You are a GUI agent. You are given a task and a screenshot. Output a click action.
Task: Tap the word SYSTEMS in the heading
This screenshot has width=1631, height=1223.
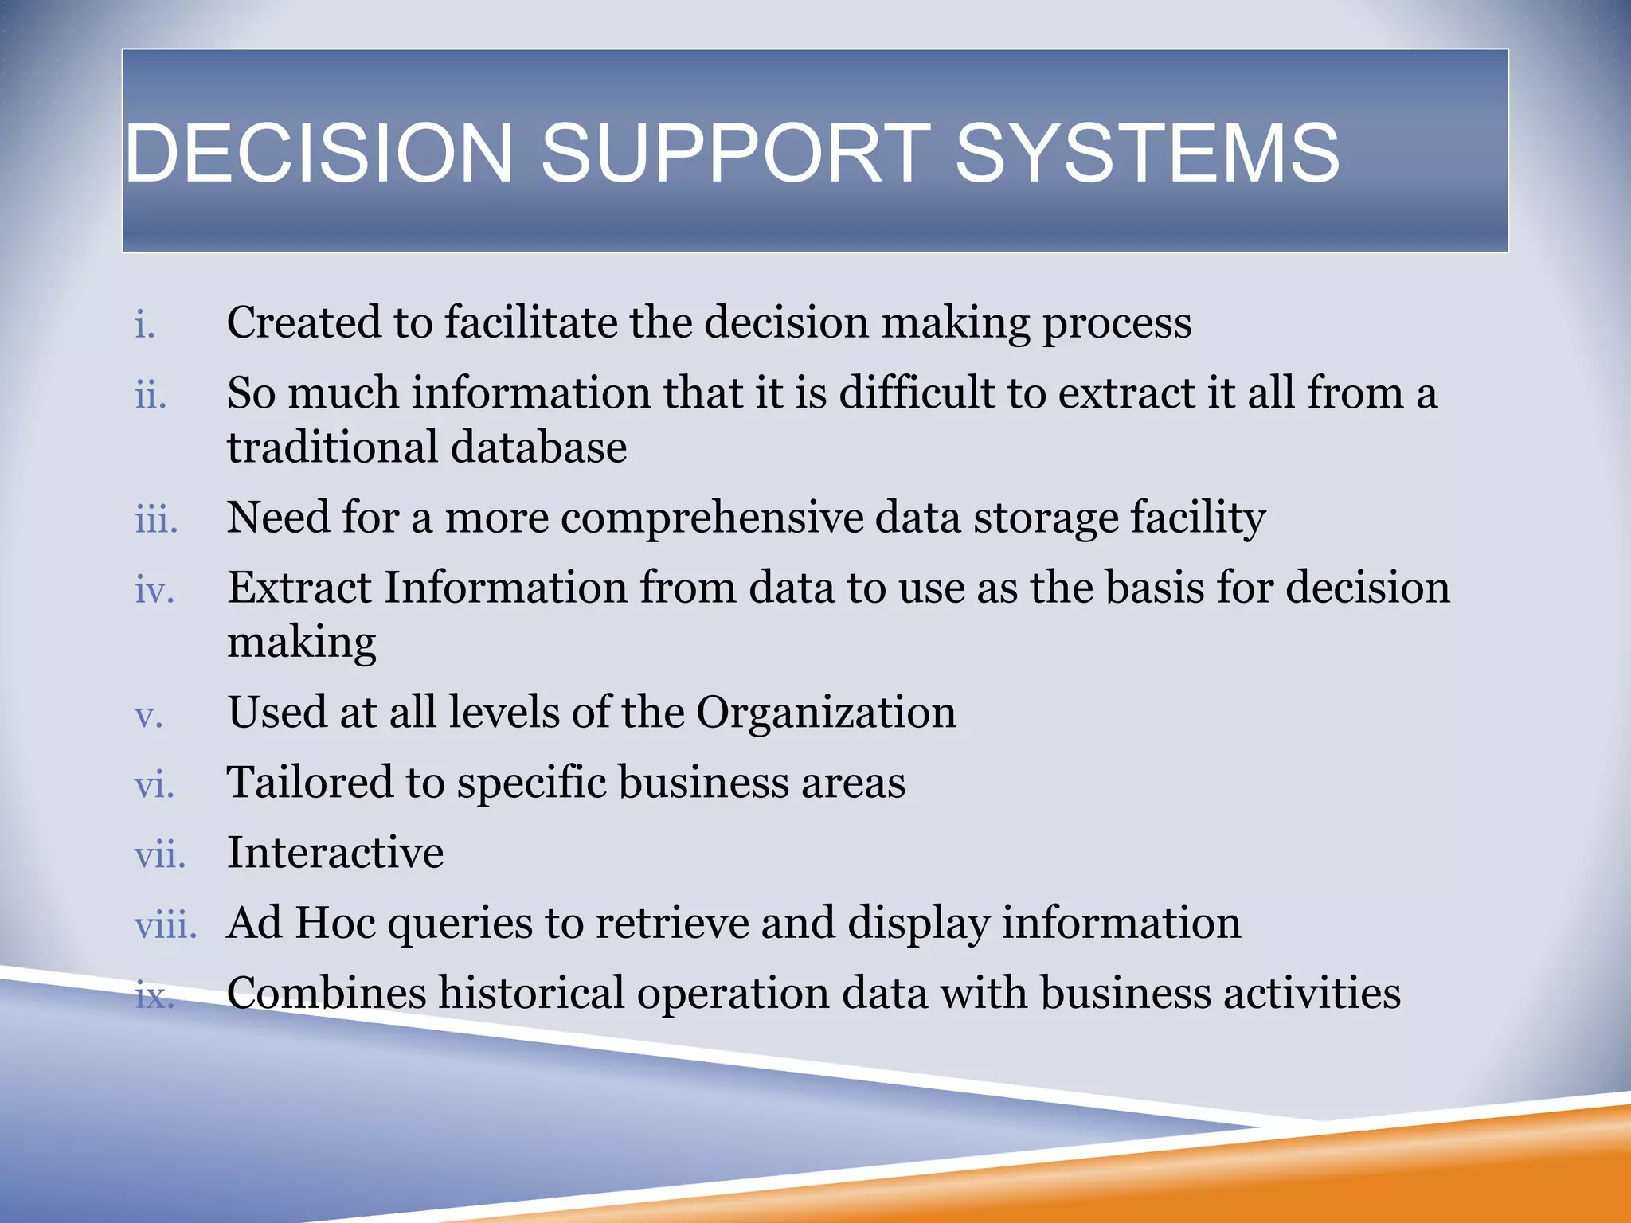coord(1147,153)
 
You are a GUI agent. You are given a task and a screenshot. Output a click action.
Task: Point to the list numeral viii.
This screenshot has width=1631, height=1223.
coord(165,926)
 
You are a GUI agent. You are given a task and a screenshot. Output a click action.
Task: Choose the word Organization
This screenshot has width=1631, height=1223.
coord(826,713)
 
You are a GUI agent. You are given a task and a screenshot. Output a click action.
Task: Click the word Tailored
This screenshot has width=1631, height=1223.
coord(310,782)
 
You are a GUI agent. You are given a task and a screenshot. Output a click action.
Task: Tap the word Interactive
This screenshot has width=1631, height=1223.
coord(335,853)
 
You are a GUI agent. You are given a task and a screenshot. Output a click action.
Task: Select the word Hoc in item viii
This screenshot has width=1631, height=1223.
coord(335,923)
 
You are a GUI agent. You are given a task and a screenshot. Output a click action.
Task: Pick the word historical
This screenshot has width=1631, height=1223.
coord(531,994)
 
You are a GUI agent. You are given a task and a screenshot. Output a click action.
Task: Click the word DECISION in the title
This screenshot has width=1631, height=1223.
coord(319,153)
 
